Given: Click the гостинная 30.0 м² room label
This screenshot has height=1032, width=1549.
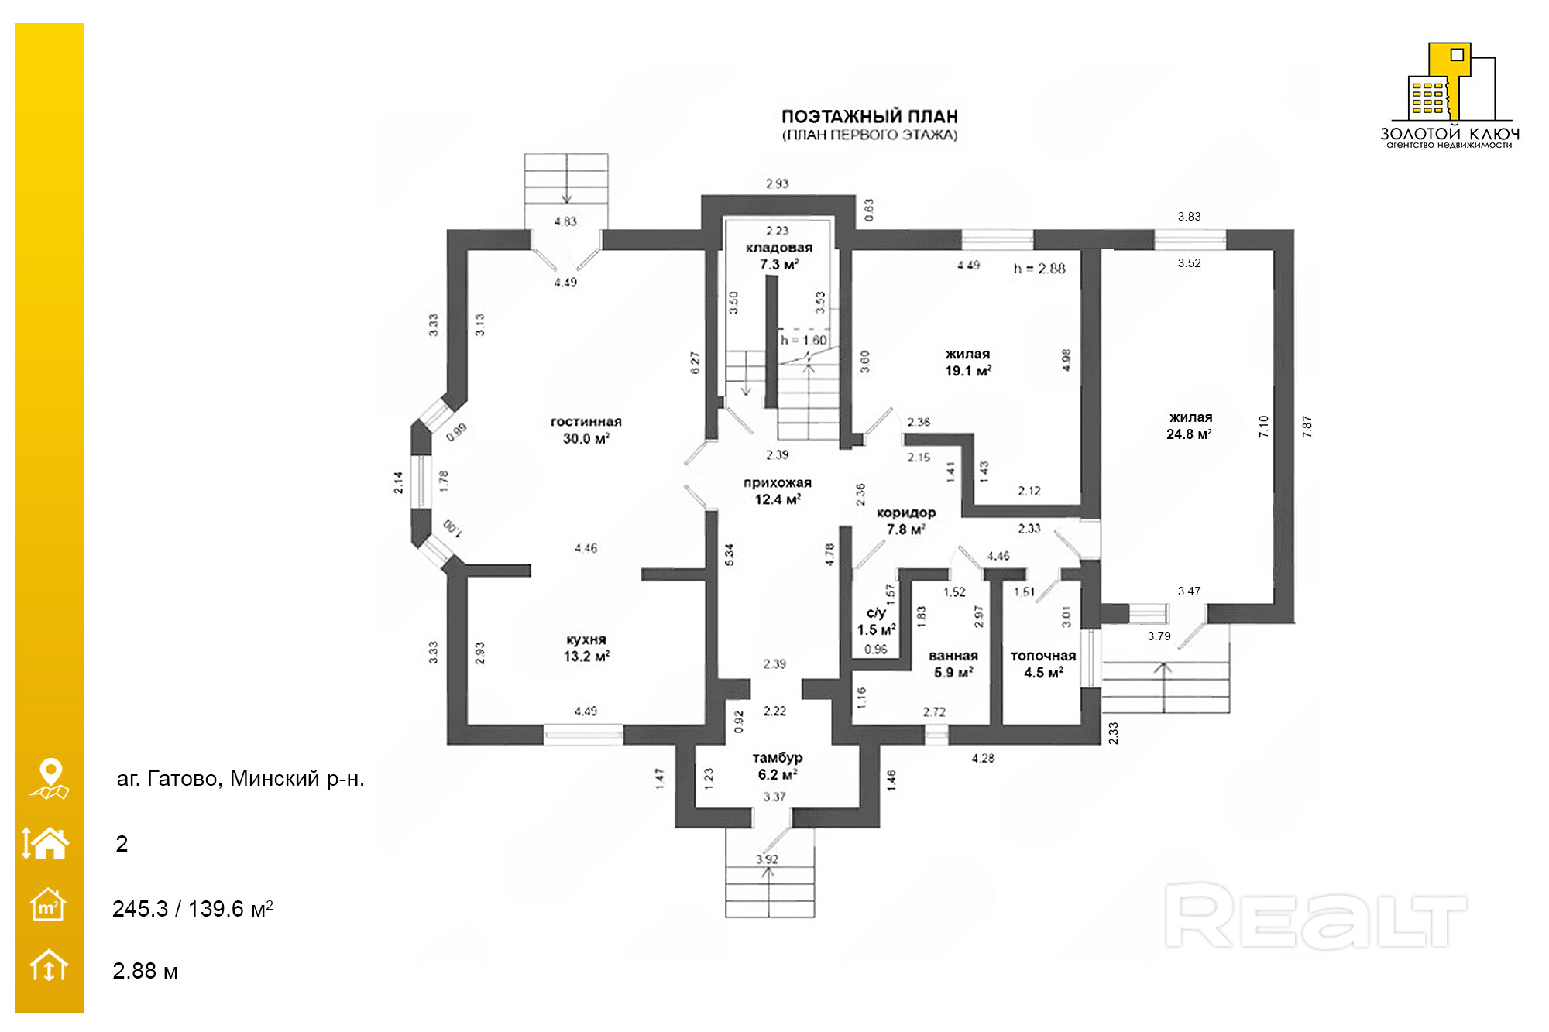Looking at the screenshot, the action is point(586,430).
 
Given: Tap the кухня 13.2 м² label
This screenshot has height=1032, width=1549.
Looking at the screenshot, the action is point(586,648).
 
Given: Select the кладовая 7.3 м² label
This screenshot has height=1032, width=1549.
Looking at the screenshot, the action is point(779,255).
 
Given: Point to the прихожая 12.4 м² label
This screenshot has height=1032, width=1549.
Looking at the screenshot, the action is point(778,491).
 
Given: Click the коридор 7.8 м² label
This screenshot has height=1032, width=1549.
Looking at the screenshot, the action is point(906,521).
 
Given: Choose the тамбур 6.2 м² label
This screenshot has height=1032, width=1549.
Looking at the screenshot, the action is point(778,766).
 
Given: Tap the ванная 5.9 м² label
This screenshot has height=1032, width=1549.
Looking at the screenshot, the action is point(953,664).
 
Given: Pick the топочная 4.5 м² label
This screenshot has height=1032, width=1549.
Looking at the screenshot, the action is point(1043,664).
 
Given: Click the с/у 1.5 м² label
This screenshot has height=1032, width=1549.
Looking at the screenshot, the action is point(877,621).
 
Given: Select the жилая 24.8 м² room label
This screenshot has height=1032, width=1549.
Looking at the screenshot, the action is point(1190,426).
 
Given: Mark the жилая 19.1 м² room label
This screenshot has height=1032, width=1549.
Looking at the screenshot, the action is point(968,362).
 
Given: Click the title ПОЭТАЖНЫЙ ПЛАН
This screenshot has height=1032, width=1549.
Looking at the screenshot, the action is point(870,117).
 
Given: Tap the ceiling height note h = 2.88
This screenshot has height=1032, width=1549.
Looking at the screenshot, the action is point(1039,269).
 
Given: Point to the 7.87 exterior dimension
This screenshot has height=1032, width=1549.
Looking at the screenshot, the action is point(1307,427).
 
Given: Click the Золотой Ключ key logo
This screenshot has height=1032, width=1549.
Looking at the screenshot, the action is point(1449,85).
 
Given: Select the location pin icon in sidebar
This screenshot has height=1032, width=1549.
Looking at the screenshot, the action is point(50,777).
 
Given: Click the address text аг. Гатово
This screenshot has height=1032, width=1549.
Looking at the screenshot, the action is point(240,778).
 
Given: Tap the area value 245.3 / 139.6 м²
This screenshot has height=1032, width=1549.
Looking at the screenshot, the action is point(192,908).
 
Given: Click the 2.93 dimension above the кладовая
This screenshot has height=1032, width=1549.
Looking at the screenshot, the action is point(777,183).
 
